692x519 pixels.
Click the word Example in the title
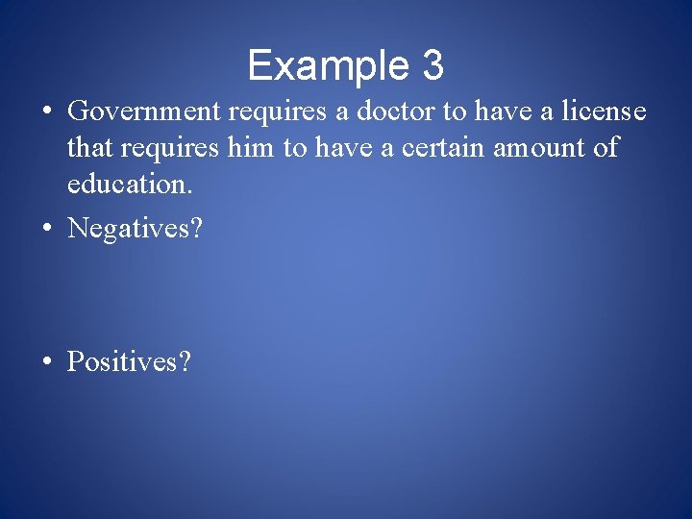point(327,66)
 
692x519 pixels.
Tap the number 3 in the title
point(432,65)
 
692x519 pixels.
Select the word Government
point(147,112)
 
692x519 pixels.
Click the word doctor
point(397,112)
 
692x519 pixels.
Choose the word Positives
point(123,361)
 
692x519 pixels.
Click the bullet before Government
point(46,112)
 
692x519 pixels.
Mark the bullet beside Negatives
point(46,229)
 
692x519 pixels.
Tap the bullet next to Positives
point(46,362)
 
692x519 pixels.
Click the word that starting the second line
point(87,149)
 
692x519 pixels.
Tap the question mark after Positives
point(185,361)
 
